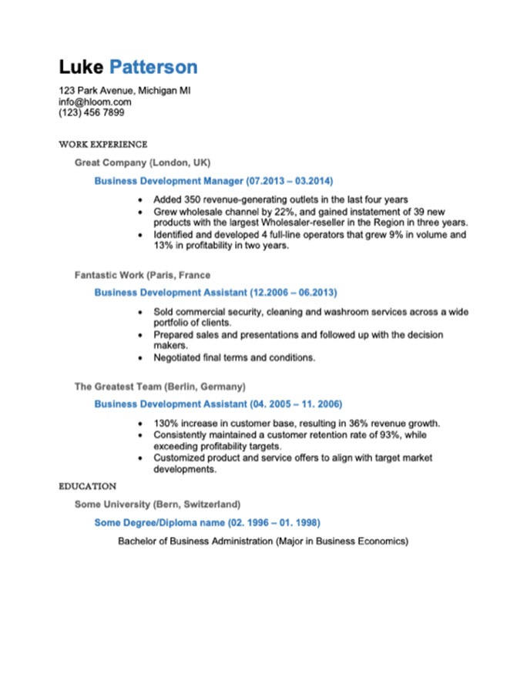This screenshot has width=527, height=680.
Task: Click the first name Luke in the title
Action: pos(80,67)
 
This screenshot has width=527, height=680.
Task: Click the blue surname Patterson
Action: pos(153,67)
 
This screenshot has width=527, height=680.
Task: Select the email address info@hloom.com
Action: pos(95,102)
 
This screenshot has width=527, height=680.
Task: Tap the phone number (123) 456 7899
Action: pos(91,112)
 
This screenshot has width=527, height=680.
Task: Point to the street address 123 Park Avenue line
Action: pos(124,90)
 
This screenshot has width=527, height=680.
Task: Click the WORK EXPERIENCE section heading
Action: pos(102,144)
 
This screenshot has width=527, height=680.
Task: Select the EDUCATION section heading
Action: pos(87,487)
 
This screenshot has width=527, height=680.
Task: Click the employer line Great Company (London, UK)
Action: pos(143,162)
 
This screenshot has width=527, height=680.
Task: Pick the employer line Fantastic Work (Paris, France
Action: pos(143,275)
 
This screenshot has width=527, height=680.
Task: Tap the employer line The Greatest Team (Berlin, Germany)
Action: pos(159,386)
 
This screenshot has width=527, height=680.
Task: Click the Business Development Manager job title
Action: pos(168,181)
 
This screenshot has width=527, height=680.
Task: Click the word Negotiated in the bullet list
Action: pos(178,358)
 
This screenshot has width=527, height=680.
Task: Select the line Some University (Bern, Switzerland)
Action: pos(157,504)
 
